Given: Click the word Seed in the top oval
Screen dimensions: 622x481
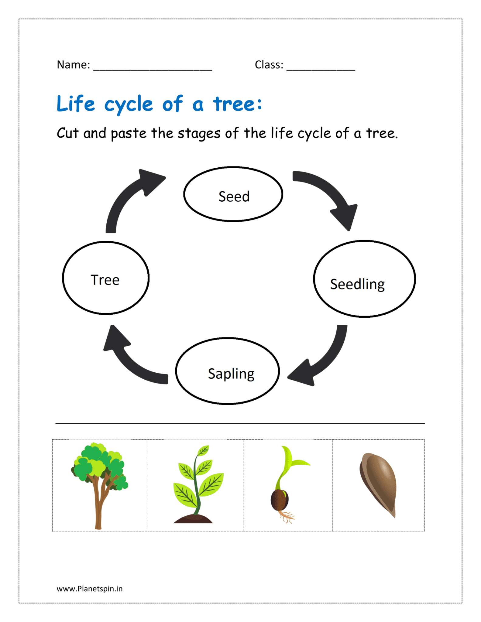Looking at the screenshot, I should [x=234, y=197].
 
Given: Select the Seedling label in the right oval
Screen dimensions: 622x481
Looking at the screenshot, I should [x=357, y=284].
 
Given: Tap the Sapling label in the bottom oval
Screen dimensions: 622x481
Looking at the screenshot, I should [x=231, y=374].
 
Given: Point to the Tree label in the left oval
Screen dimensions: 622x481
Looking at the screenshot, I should [x=105, y=280].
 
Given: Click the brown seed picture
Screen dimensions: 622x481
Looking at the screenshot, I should [x=379, y=483].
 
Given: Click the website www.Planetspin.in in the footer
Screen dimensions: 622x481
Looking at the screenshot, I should [x=90, y=589].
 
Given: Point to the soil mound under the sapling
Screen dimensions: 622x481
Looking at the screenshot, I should [x=193, y=519].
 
